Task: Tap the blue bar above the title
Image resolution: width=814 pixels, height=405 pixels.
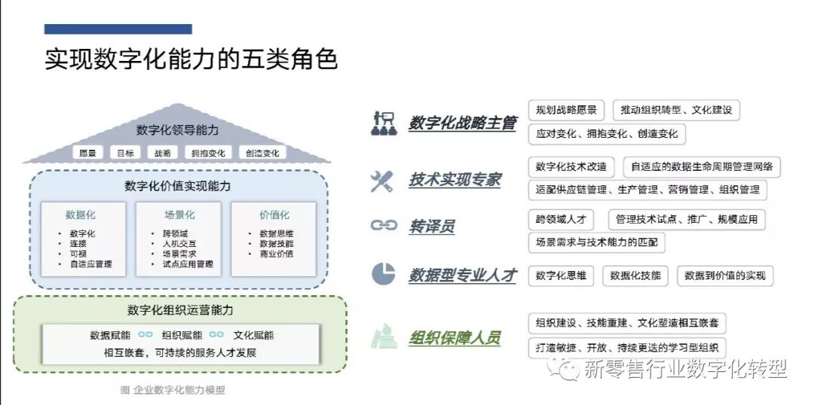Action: (118, 29)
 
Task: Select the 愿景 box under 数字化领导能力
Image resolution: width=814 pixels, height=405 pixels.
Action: (87, 153)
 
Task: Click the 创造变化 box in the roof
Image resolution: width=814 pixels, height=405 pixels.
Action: (262, 153)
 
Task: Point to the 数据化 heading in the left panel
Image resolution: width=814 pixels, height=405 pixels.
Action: (81, 215)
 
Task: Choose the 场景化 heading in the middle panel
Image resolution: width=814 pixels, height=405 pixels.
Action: (179, 215)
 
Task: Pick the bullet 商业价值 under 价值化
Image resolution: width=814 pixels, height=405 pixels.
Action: (276, 254)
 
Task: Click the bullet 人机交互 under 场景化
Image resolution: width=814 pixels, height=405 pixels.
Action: (179, 244)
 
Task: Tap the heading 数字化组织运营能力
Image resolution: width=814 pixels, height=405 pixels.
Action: (180, 311)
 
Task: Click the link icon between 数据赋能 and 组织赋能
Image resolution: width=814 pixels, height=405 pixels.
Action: (145, 335)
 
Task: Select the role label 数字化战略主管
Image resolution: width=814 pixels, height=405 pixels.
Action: (463, 123)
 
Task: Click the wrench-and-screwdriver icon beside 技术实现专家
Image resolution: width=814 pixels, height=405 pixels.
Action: (382, 181)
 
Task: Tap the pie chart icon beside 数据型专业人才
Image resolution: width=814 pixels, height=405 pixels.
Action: (383, 275)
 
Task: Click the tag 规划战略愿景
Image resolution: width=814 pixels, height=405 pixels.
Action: (566, 110)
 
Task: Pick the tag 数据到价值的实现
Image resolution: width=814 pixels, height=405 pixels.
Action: (724, 276)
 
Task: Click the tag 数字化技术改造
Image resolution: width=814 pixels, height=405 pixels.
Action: (571, 166)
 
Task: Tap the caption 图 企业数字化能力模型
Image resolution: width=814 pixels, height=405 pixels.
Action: (173, 390)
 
